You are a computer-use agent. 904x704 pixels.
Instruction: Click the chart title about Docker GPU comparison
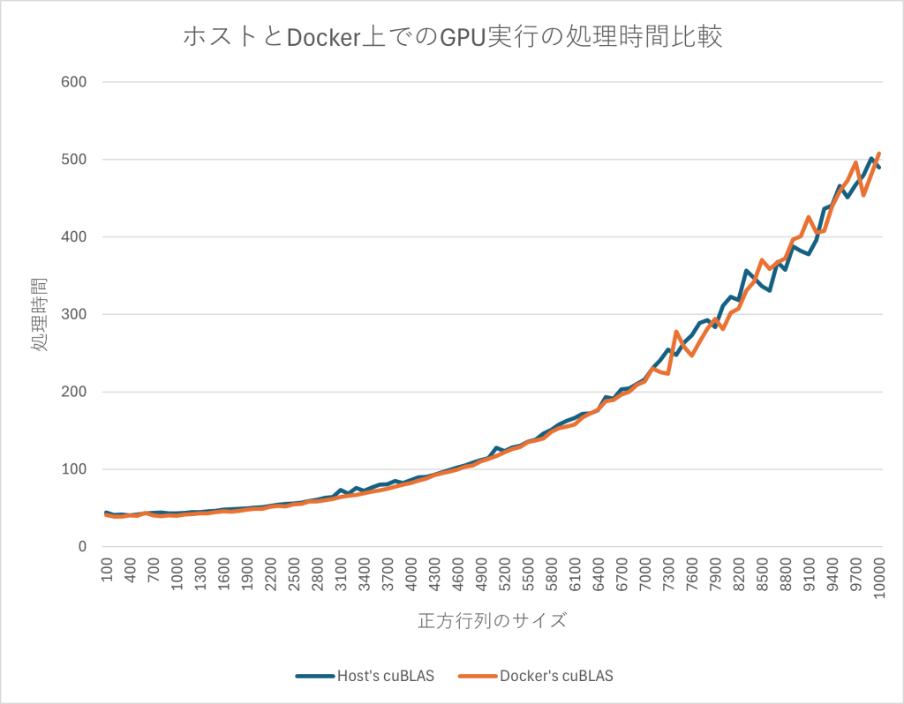coord(453,37)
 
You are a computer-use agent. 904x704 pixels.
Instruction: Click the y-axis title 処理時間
coord(40,314)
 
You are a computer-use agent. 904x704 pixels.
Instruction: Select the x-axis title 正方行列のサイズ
coord(492,620)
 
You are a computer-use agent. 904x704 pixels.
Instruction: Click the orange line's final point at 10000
coord(879,153)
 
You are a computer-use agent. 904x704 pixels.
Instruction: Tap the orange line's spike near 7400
coord(676,332)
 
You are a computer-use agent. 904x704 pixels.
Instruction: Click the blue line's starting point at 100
coord(106,512)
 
